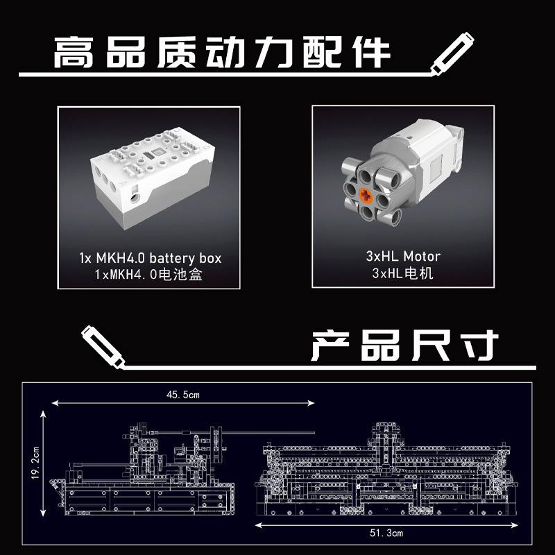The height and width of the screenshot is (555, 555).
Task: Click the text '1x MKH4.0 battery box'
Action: (x=150, y=258)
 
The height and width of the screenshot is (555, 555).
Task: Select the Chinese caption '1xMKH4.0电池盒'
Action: (x=150, y=274)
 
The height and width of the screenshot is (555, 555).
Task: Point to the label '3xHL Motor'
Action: (x=403, y=256)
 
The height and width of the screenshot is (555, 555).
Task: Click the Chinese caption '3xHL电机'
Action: (x=403, y=273)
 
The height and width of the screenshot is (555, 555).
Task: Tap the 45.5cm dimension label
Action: (x=183, y=395)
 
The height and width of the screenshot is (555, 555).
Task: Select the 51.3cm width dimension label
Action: (x=386, y=533)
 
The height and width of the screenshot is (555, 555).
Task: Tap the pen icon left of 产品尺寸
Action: (x=101, y=344)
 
